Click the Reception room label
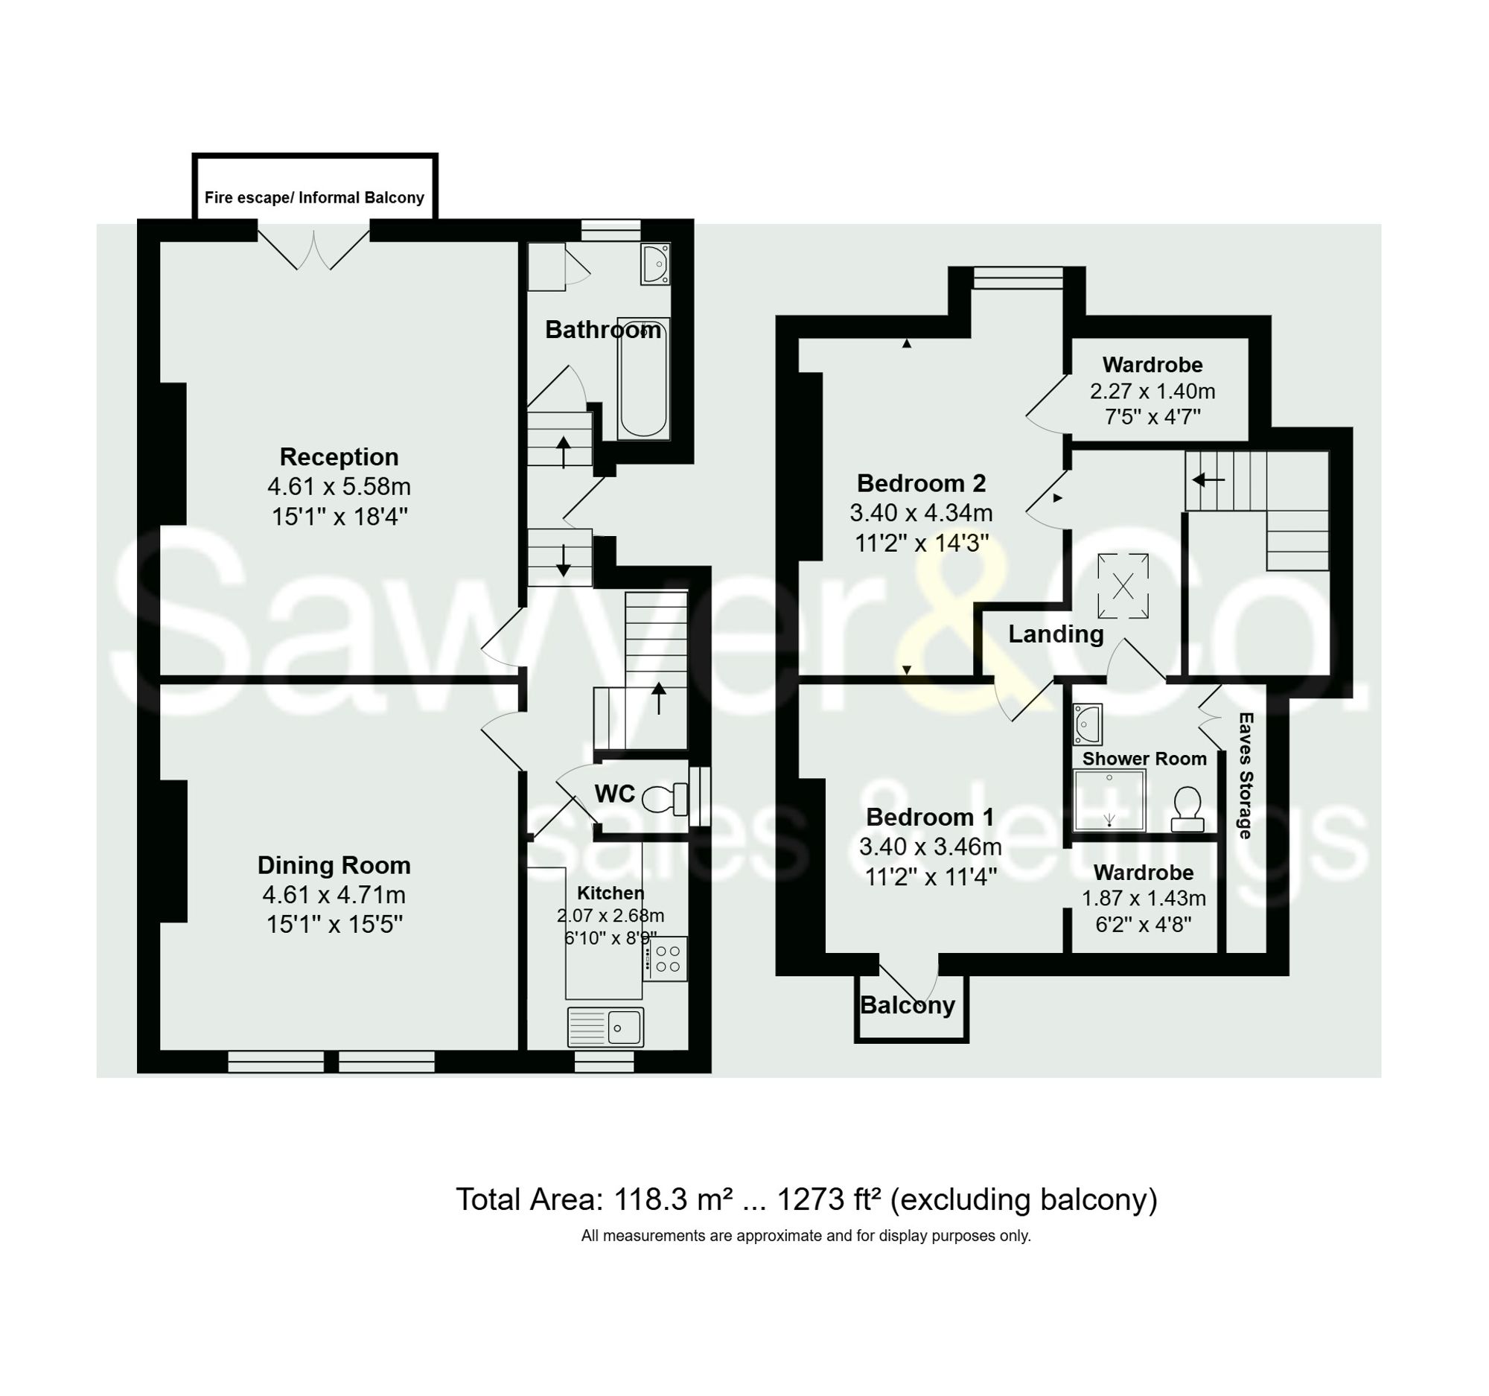tap(339, 457)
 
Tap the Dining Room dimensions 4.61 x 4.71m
tap(334, 894)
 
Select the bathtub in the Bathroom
tap(643, 379)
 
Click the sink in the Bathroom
tap(654, 263)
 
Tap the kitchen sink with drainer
tap(605, 1027)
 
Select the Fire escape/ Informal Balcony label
tap(314, 198)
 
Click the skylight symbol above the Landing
tap(1122, 586)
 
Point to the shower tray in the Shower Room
tap(1109, 800)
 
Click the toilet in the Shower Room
tap(1187, 809)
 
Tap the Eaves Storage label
tap(1245, 775)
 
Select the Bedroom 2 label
tap(920, 483)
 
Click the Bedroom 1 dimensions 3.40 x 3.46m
tap(929, 847)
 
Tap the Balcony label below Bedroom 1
tap(907, 1005)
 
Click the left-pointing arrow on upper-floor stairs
tap(1208, 479)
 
